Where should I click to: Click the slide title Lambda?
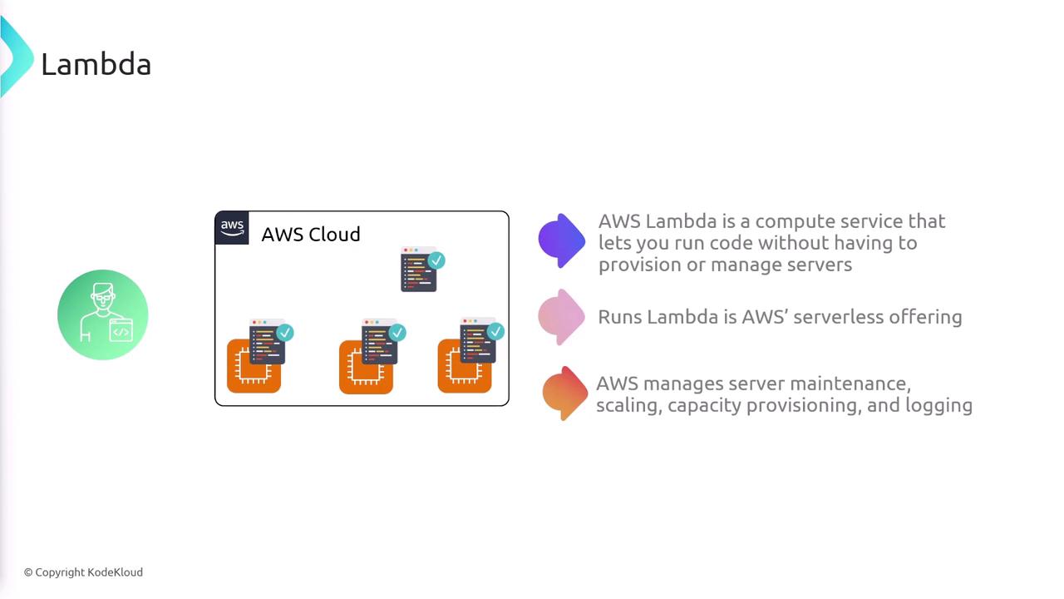96,64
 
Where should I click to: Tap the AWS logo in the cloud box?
232,228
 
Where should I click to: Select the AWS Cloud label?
310,234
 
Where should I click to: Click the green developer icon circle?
103,314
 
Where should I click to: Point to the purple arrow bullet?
562,240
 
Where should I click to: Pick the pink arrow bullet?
562,316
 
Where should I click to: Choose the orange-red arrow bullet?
564,393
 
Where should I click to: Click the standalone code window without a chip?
418,270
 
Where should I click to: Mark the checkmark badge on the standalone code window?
436,260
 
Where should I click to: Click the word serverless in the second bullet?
835,317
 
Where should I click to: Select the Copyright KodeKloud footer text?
83,572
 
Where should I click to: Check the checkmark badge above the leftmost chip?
285,333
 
